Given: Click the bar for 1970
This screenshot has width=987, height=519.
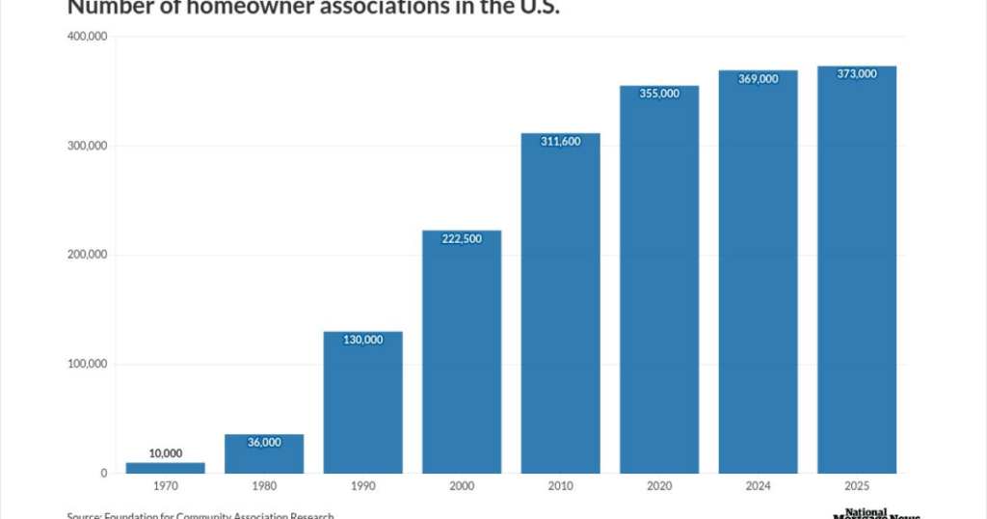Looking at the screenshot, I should pyautogui.click(x=165, y=468).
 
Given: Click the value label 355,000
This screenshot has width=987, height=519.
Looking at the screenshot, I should pyautogui.click(x=659, y=93).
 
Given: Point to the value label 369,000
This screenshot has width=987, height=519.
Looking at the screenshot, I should pyautogui.click(x=758, y=79).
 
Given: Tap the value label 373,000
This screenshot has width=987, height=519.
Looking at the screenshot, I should pyautogui.click(x=857, y=74).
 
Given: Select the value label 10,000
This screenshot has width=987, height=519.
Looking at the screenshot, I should pyautogui.click(x=165, y=453).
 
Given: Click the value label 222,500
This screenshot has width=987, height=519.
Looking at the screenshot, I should pyautogui.click(x=462, y=238).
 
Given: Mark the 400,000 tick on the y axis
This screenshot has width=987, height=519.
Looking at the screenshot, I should pyautogui.click(x=87, y=37).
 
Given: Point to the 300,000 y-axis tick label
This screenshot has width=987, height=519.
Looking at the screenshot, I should pyautogui.click(x=87, y=146).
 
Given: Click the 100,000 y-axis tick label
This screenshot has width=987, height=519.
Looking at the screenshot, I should pyautogui.click(x=87, y=365).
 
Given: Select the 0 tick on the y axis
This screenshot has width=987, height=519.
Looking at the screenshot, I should pyautogui.click(x=102, y=474).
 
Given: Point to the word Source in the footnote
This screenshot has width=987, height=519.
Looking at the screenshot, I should pyautogui.click(x=85, y=515).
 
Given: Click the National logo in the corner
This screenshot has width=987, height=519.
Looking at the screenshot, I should pyautogui.click(x=867, y=512).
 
